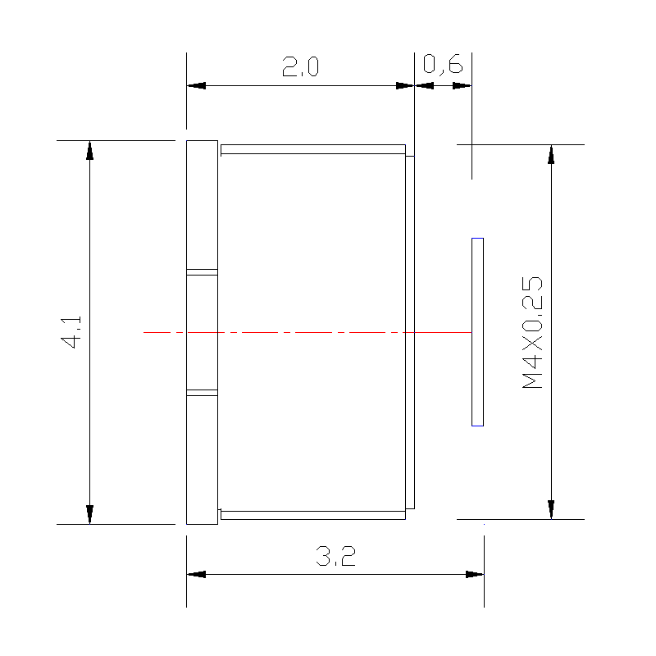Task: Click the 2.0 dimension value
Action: pos(300,66)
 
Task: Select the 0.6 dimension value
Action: pos(443,65)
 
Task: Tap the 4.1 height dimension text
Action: pos(71,332)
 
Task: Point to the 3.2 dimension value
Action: pos(335,556)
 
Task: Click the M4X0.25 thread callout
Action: pos(532,333)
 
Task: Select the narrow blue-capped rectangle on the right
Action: pos(477,332)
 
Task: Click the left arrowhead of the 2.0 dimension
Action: pos(196,86)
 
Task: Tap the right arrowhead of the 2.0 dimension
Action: pos(404,86)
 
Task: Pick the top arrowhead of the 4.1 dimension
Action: pos(89,151)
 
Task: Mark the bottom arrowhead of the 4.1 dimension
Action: pos(89,514)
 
